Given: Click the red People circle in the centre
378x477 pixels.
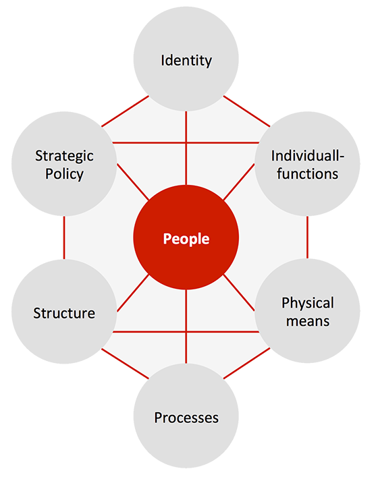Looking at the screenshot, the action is click(186, 237).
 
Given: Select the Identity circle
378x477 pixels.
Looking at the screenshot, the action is click(186, 59).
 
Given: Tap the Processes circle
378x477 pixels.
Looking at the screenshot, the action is click(186, 416).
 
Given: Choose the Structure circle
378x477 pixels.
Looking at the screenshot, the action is click(64, 312).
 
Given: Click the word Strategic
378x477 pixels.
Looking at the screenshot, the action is click(64, 157).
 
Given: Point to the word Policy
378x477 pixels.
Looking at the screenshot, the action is click(64, 174).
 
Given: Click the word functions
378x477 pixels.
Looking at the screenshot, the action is click(307, 173).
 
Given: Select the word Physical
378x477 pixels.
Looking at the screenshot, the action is click(308, 304).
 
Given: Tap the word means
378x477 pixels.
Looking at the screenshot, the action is click(308, 321).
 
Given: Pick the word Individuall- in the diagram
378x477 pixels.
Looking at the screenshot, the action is click(308, 156).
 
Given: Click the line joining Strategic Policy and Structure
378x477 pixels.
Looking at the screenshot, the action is click(64, 237).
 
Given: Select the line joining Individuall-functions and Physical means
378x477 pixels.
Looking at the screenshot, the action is click(307, 237).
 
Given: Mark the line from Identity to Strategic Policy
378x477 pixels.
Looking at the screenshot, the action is click(125, 111).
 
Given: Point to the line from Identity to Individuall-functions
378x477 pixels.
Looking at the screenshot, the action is click(247, 111).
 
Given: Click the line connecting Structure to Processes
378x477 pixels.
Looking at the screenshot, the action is click(125, 364).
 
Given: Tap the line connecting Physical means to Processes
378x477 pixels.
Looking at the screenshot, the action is click(247, 363).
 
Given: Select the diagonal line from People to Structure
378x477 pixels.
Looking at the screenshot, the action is click(133, 293).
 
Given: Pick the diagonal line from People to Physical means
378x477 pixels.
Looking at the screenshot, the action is click(239, 293).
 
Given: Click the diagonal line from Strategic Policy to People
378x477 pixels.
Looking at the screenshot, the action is click(133, 182).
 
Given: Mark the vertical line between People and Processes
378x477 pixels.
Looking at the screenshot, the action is click(186, 327).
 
